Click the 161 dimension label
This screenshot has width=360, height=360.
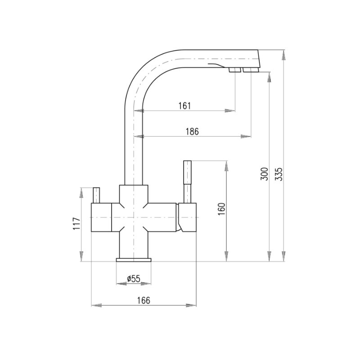pos(184,106)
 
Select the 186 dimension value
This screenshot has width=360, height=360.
pos(192,131)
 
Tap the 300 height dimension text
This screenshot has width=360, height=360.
pos(264,174)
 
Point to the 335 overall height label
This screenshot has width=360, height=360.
pos(279,174)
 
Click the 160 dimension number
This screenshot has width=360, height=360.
pos(221,209)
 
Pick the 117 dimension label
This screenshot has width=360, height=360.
pos(76,223)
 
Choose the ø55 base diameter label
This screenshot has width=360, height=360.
pos(133,279)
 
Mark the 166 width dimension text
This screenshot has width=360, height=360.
pos(144,300)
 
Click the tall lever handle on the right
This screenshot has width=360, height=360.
pos(187,182)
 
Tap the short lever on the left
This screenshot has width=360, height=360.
pos(96,195)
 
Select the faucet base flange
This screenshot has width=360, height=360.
pos(134,260)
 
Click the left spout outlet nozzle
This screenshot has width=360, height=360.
pos(234,70)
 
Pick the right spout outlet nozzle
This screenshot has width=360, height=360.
pos(251,70)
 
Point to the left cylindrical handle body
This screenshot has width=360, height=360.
pos(101,217)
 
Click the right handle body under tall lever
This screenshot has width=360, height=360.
pos(187,217)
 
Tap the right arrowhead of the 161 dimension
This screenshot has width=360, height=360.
pos(230,111)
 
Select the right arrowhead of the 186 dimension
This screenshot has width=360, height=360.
pos(246,136)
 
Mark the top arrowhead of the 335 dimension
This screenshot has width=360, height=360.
pos(284,55)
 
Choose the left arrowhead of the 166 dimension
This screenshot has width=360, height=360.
pos(97,306)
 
